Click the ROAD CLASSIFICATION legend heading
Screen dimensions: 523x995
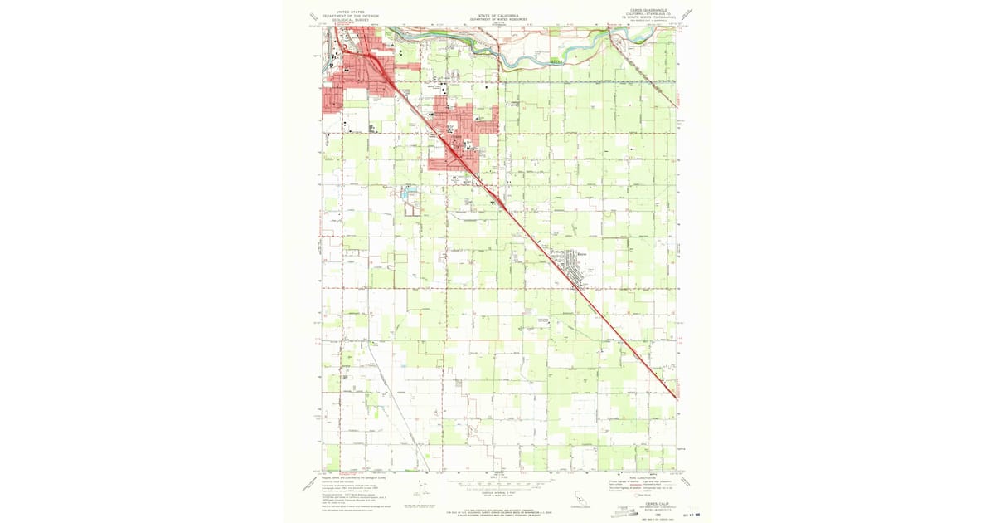point(645,477)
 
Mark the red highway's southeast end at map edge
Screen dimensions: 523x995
point(675,398)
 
